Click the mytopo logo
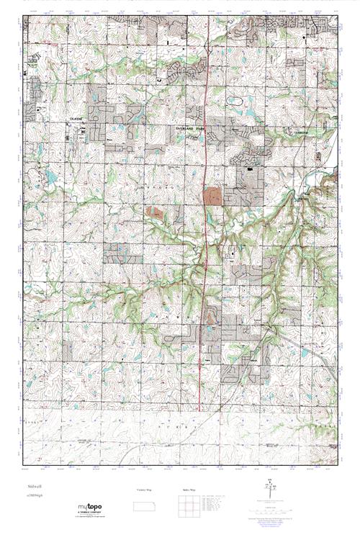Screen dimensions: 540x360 94,509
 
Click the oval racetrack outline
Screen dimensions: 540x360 235,102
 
